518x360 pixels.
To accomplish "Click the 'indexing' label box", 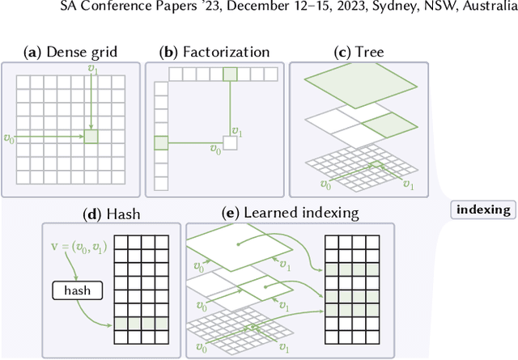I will (484, 210).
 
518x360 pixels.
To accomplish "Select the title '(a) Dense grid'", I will (72, 53).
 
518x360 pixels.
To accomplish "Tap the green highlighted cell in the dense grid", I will (91, 138).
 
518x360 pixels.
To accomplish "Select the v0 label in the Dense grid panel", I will (10, 138).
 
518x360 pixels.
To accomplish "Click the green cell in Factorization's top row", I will (231, 74).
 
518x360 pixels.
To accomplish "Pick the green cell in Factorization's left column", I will (160, 143).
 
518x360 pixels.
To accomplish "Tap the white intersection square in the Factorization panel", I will (231, 143).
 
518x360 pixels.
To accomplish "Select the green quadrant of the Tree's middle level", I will (380, 125).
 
